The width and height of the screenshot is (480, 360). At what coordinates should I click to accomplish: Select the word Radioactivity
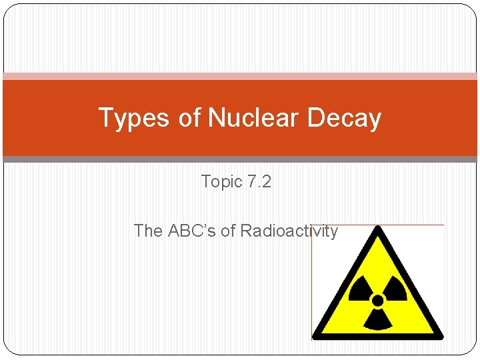coord(289,231)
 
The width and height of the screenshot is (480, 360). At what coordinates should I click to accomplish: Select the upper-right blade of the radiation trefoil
coord(395,288)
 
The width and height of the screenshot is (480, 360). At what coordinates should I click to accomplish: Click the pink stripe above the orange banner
coord(240,76)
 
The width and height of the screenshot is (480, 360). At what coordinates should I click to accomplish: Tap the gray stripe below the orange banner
coord(240,159)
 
